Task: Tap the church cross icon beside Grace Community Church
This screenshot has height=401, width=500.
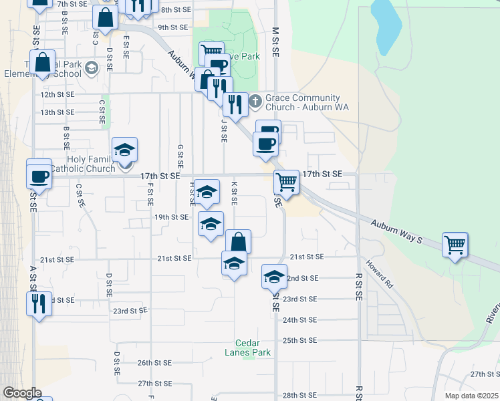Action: (255, 102)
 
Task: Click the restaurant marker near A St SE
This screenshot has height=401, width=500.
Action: (39, 303)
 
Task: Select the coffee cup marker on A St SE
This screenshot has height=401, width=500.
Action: (39, 176)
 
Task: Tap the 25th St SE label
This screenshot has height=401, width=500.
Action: (299, 341)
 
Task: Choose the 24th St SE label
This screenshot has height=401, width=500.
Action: (299, 320)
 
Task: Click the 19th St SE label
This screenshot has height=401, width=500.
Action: (172, 217)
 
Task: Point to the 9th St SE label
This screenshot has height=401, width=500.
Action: (172, 27)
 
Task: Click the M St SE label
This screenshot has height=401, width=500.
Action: (275, 43)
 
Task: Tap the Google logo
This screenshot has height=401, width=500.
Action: (21, 393)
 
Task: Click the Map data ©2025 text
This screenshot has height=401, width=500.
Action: (471, 396)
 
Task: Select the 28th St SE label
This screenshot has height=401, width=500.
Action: (299, 396)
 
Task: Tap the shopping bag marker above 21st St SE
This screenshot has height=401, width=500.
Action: (237, 241)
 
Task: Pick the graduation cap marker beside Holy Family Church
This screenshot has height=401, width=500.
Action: (124, 150)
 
